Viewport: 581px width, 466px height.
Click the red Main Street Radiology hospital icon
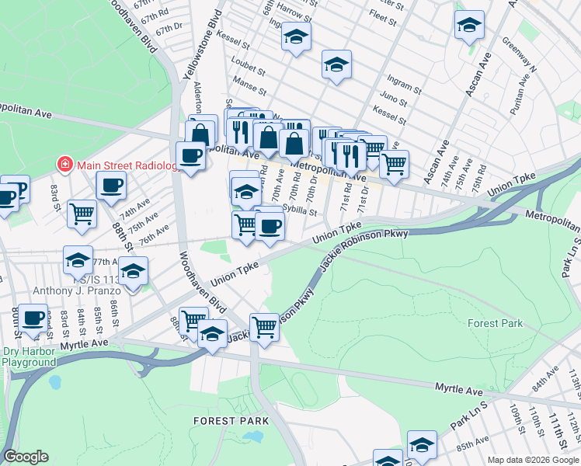point(64,164)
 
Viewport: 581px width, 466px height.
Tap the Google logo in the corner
point(26,457)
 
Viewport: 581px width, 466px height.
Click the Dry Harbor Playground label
point(29,356)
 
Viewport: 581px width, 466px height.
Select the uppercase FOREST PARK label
point(224,420)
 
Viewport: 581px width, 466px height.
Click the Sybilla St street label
point(300,210)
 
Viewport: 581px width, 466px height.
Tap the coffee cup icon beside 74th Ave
point(110,186)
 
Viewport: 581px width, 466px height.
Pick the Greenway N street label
point(520,54)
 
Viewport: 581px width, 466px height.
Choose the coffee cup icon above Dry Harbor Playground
point(33,318)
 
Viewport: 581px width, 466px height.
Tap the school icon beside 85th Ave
point(421,444)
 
